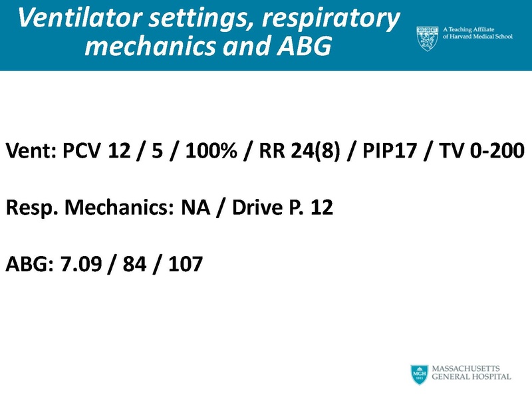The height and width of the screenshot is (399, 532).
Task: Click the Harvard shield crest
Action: [x=426, y=36]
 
